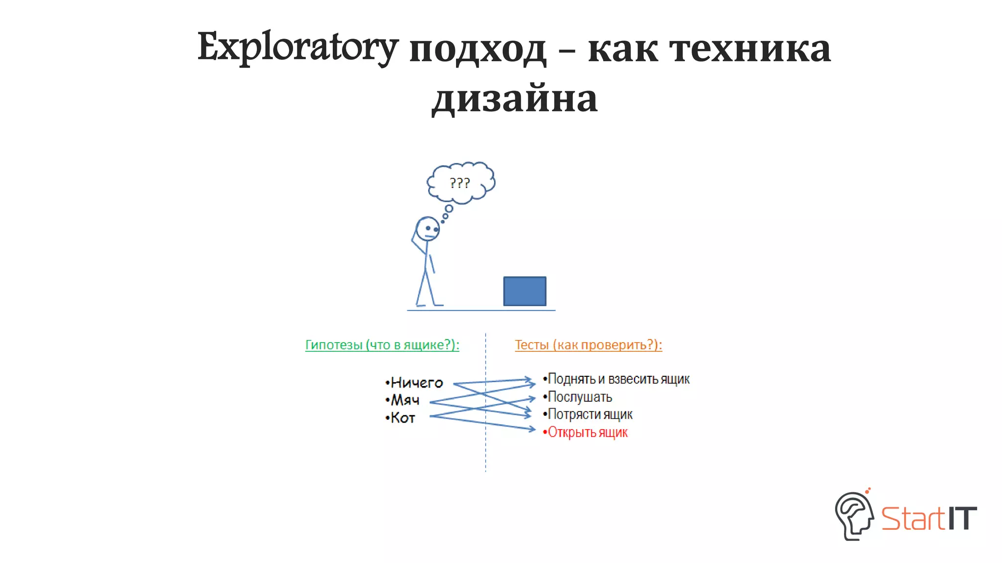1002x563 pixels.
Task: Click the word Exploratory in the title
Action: pos(297,48)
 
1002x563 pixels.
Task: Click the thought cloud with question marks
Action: pos(460,182)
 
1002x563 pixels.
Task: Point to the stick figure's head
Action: pos(428,229)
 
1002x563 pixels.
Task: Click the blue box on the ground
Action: pos(524,291)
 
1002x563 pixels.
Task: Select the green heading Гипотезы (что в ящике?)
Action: pos(382,345)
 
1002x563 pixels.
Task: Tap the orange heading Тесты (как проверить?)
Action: pos(588,345)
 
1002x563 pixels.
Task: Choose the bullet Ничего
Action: pos(416,383)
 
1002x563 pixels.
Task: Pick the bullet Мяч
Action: pos(405,400)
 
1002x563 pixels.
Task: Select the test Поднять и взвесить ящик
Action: pos(618,379)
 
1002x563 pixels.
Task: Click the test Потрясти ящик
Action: pos(590,414)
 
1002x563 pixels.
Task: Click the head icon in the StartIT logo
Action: pos(854,516)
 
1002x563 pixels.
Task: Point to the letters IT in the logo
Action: pos(962,519)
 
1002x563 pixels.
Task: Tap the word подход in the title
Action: pos(477,49)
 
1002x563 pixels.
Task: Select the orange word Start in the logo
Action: pos(913,519)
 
